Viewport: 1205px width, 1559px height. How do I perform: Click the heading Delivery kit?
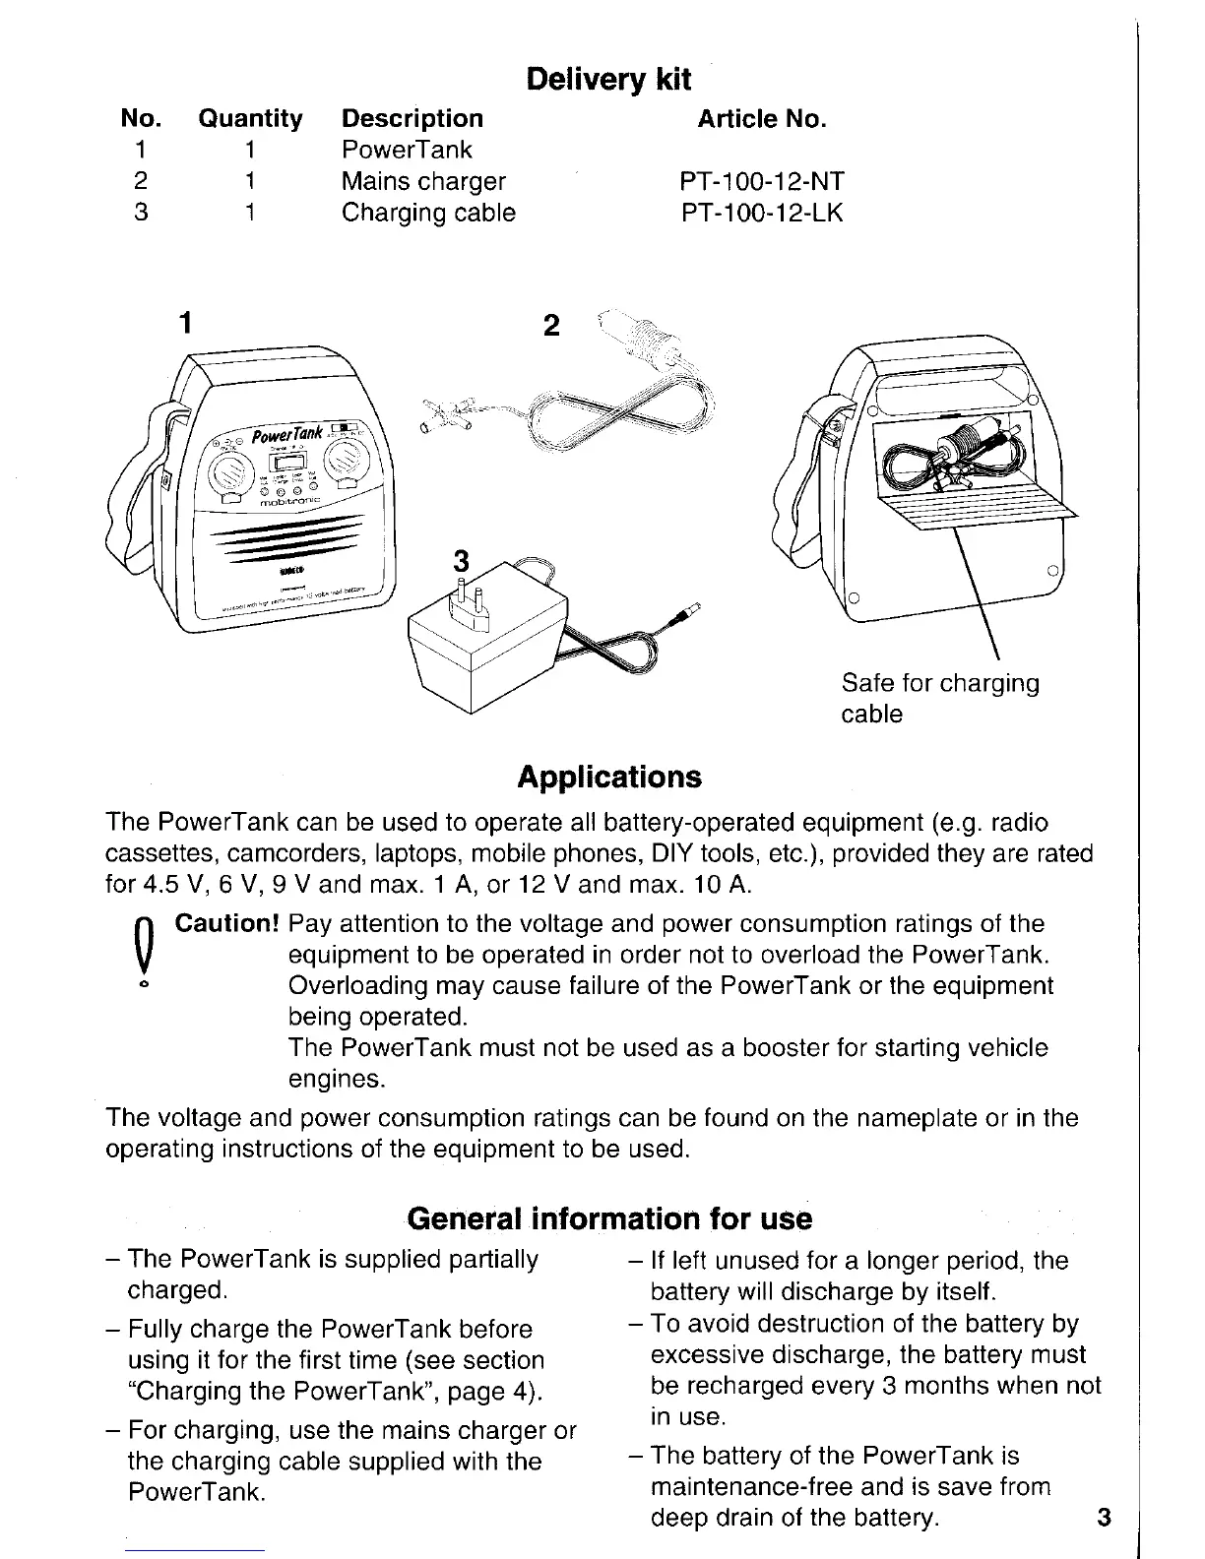click(x=608, y=79)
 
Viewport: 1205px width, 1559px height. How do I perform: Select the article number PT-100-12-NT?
click(x=761, y=182)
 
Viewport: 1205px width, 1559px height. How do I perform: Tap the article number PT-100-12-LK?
click(x=761, y=213)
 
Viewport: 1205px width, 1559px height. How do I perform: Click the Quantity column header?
click(x=250, y=119)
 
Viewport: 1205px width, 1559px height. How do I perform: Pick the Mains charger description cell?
click(x=423, y=182)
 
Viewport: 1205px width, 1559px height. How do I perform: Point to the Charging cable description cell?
click(x=428, y=213)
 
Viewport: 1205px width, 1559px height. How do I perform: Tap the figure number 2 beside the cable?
click(x=551, y=325)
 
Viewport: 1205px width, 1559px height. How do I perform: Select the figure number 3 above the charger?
click(x=459, y=562)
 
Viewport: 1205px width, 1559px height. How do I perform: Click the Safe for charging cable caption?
click(x=939, y=698)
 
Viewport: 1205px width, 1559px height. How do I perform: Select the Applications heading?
click(x=609, y=777)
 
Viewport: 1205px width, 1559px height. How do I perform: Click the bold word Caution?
click(x=228, y=924)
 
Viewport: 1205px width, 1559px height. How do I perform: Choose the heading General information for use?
click(x=609, y=1218)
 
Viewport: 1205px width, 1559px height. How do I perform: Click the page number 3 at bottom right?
click(x=1103, y=1517)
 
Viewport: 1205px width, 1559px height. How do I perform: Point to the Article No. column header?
click(x=761, y=119)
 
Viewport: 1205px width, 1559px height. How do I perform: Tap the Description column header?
click(x=412, y=119)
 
